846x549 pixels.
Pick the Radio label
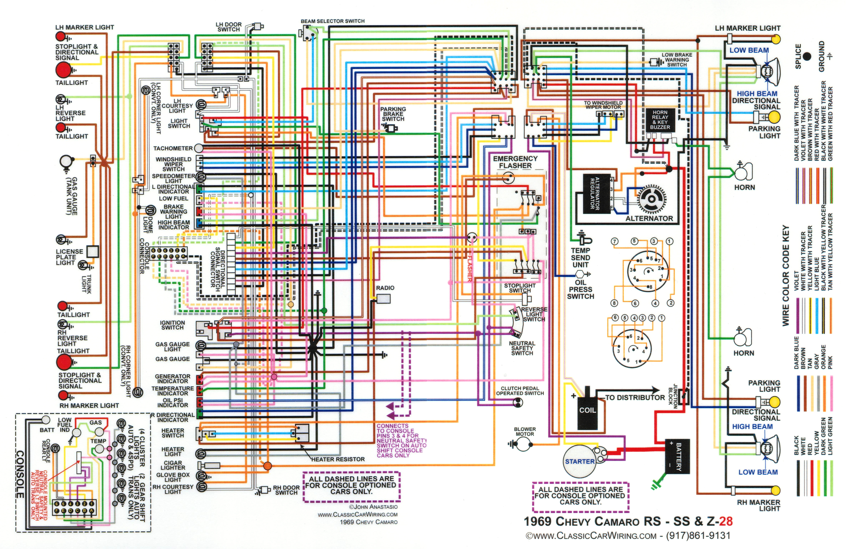coord(385,288)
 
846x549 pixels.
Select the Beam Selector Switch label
coord(332,21)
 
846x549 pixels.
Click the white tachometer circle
coord(198,148)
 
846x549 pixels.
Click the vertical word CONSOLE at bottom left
coord(20,474)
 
